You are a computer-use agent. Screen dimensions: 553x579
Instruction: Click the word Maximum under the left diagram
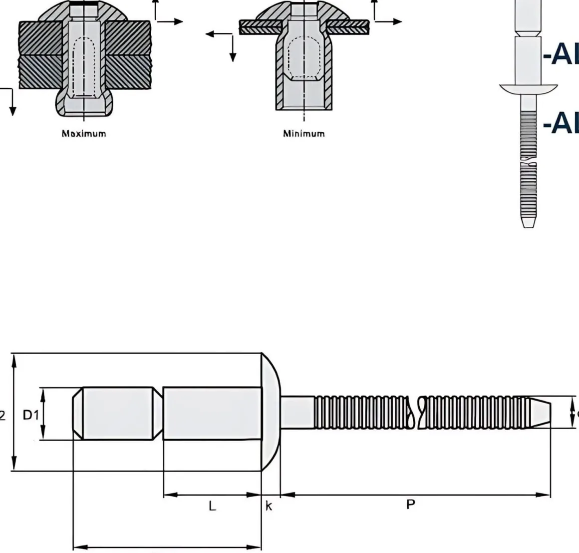click(x=84, y=133)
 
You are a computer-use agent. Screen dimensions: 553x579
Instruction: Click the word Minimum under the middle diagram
click(x=304, y=133)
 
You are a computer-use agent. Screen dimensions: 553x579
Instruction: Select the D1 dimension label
click(x=31, y=414)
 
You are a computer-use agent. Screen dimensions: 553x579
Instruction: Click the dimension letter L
click(x=212, y=506)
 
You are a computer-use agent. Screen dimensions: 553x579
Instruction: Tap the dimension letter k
click(x=269, y=506)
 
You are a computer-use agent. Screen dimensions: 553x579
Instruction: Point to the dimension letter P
click(x=410, y=504)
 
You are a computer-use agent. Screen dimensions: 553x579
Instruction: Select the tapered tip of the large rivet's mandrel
click(x=539, y=412)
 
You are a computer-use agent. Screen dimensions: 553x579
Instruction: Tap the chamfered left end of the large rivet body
click(x=77, y=414)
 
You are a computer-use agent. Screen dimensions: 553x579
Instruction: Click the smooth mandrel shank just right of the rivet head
click(x=297, y=412)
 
